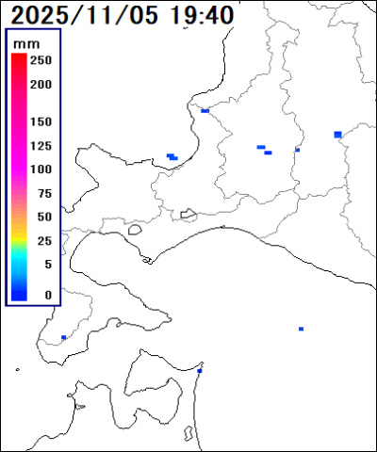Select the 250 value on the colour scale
tap(41, 60)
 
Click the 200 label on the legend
tap(41, 84)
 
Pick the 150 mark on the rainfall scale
tap(41, 122)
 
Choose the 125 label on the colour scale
tap(41, 146)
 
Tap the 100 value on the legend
tap(41, 169)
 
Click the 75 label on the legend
tap(43, 194)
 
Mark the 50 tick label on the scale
tap(43, 218)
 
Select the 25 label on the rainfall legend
tap(43, 241)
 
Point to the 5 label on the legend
tap(47, 265)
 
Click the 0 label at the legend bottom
tap(47, 295)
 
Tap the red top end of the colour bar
tap(18, 58)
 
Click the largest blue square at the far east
tap(337, 135)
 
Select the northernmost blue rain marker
tap(205, 110)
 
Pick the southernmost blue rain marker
tap(199, 371)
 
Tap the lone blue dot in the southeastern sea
tap(301, 329)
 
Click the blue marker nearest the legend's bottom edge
tap(63, 337)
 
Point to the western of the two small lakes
tap(135, 228)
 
